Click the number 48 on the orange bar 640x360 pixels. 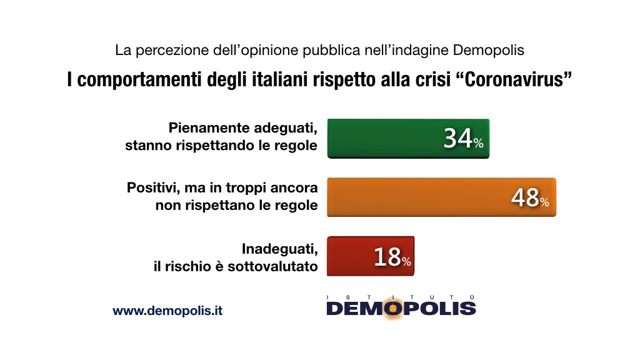(524, 197)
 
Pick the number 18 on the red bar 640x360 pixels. (387, 257)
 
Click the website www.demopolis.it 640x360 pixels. (167, 311)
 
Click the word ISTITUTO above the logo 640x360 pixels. (401, 296)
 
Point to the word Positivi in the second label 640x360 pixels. (153, 187)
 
